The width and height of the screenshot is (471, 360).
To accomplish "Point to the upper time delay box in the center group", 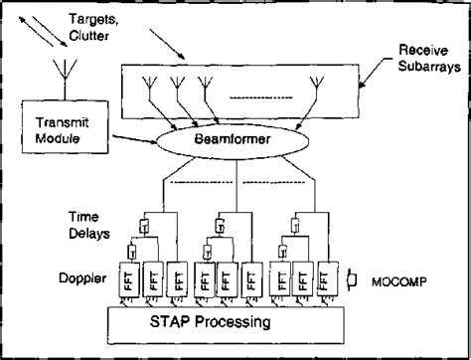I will pos(231,223).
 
